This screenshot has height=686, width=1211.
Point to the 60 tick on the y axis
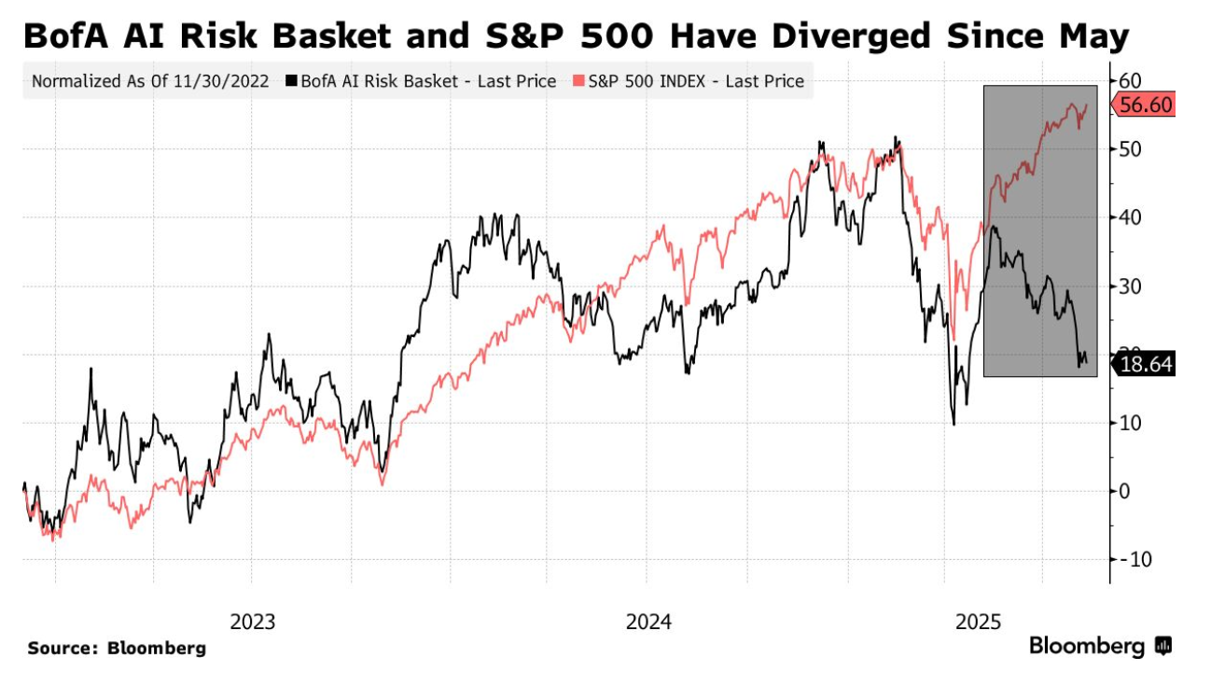(1131, 80)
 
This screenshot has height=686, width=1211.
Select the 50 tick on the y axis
(1131, 149)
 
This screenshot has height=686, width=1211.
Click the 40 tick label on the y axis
(1131, 217)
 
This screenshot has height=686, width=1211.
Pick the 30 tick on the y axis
(1131, 286)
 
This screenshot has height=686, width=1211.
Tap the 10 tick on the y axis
(1131, 423)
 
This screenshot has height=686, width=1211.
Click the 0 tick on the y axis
(1126, 491)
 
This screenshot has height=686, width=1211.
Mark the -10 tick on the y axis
(1133, 559)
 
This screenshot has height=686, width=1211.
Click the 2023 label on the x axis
(252, 622)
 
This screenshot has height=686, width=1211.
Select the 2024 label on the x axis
(648, 622)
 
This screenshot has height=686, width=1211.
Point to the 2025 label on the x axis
(977, 622)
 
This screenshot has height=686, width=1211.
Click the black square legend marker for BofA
(292, 82)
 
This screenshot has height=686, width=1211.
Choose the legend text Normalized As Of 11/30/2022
(150, 81)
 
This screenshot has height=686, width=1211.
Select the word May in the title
(1093, 37)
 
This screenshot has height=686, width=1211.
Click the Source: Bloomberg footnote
(117, 648)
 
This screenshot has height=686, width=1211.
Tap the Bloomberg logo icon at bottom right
(1163, 645)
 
